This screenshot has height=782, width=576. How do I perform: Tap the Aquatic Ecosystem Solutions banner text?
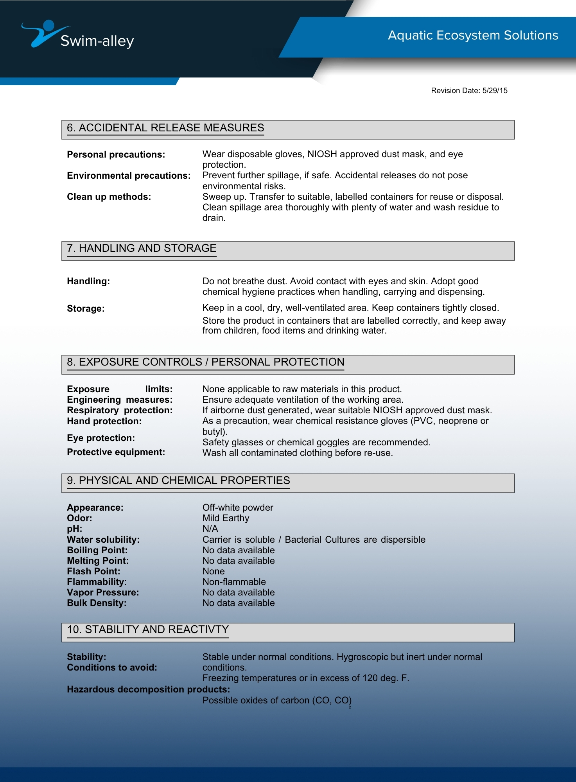[473, 35]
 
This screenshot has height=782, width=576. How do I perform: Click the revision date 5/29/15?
[495, 91]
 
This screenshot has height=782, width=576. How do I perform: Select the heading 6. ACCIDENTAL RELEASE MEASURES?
[165, 128]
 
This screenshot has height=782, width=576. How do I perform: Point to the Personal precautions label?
[116, 154]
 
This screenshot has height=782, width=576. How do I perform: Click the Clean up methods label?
[109, 197]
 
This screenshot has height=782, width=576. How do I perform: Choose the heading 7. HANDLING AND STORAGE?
[142, 248]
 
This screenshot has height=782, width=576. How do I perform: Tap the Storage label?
[86, 308]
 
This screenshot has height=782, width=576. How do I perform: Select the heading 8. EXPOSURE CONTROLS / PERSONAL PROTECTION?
[205, 362]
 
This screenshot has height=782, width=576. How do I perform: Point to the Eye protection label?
[100, 438]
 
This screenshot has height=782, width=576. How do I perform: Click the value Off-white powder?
[238, 508]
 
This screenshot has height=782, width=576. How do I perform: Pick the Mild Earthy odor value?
[226, 518]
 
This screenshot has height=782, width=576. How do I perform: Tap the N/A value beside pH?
[210, 529]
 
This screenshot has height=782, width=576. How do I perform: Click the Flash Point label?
[93, 571]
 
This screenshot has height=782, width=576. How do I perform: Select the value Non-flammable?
[234, 582]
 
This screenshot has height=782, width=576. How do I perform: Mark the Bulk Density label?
[97, 603]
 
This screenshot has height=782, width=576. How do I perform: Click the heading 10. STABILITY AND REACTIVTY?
[148, 630]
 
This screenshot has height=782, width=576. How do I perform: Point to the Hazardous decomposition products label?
[148, 689]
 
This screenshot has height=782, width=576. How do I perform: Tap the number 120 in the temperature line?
[370, 678]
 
